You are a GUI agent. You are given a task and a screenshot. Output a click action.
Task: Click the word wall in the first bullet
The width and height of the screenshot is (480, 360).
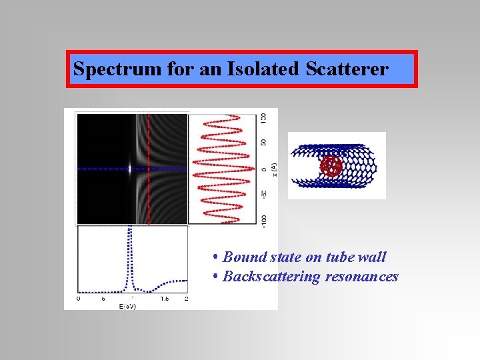[x=371, y=257]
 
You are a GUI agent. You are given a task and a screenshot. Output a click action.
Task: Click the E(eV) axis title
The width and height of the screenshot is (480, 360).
[x=129, y=305]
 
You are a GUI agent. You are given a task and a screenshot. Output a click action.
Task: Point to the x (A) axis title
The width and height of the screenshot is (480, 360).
[x=274, y=166]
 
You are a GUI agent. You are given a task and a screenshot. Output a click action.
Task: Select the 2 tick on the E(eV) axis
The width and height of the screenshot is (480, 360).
[x=185, y=298]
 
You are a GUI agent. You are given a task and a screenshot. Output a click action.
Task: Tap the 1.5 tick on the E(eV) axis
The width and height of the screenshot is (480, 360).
[x=163, y=298]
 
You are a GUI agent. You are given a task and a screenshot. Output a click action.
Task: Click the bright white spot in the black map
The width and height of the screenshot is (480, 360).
[x=130, y=169]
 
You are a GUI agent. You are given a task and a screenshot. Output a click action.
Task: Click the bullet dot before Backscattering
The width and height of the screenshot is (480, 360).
[x=216, y=277]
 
